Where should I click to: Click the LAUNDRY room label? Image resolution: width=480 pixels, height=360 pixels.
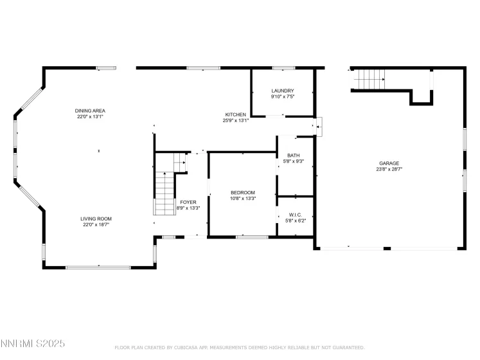click(x=283, y=91)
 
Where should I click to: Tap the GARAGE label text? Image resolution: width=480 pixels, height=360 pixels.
click(x=388, y=163)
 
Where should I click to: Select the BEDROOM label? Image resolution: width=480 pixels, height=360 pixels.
click(x=243, y=192)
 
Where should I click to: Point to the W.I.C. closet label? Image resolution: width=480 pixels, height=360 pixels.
click(x=295, y=215)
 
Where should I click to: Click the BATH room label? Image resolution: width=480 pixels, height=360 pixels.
click(x=294, y=155)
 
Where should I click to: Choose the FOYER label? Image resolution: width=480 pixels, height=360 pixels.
click(x=188, y=202)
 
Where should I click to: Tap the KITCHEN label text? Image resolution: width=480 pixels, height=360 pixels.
click(x=235, y=114)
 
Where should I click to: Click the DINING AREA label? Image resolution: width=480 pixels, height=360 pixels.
click(x=89, y=111)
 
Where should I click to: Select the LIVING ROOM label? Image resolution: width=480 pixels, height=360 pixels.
click(x=96, y=219)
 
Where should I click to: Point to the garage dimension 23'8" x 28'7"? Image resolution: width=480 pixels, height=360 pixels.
click(x=388, y=170)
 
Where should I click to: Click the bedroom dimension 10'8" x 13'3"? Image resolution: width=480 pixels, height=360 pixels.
click(x=243, y=199)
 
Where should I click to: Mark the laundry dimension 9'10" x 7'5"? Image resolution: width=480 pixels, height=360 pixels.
click(x=283, y=96)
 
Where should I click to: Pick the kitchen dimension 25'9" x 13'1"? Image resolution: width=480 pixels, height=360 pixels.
click(x=235, y=120)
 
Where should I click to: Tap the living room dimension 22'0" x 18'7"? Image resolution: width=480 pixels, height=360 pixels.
click(x=96, y=225)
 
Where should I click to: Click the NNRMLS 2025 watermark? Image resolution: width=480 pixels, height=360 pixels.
click(x=33, y=345)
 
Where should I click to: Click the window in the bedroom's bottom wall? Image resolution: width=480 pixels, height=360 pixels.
click(x=252, y=237)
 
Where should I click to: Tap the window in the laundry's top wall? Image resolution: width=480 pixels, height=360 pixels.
click(x=283, y=67)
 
